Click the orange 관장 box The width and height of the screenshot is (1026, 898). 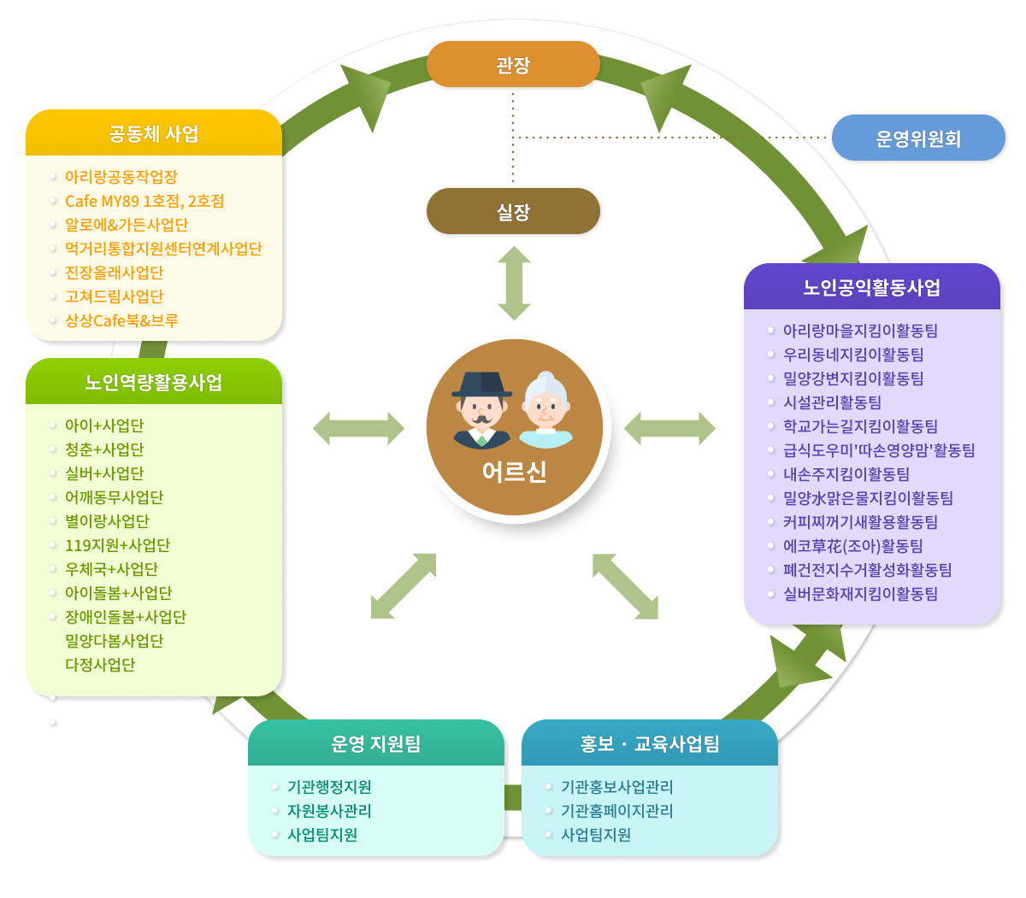pos(513,65)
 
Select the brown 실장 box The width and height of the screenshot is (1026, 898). pos(513,211)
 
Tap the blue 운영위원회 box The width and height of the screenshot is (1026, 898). pos(918,138)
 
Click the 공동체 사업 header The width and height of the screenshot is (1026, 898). pos(154,133)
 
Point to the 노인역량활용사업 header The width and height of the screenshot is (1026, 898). pos(154,382)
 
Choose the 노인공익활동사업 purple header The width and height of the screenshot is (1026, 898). pos(871,287)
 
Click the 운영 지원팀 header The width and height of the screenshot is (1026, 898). pos(375,743)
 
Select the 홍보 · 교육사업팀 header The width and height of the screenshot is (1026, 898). pos(650,743)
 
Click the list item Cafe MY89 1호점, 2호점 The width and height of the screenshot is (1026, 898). pos(144,202)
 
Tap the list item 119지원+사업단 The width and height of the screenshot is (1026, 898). pos(117,545)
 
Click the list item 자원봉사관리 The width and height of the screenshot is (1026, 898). pos(329,811)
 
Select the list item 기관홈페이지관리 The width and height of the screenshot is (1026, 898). pos(616,811)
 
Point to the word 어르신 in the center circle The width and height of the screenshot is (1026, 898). pos(514,472)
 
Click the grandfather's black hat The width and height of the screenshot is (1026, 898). pos(481,384)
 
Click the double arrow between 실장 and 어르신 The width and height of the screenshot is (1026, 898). pos(514,284)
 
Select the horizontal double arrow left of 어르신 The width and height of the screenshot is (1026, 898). pos(358,428)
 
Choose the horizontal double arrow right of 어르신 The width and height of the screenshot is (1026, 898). pos(669,428)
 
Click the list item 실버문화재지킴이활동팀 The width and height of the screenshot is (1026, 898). pos(860,594)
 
